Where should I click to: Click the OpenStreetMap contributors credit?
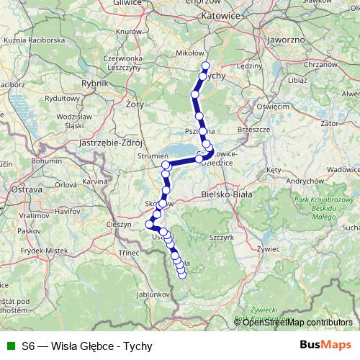pyautogui.click(x=297, y=322)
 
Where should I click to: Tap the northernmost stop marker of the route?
pyautogui.click(x=206, y=66)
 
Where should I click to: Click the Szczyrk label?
pyautogui.click(x=219, y=235)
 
